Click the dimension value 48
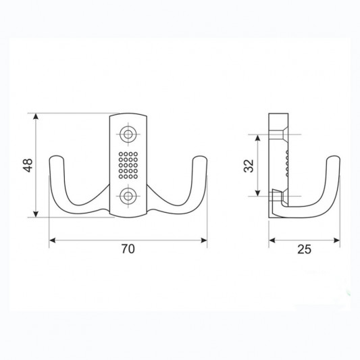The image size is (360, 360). [28, 165]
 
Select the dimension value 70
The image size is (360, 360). [128, 249]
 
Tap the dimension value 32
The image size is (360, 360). [249, 165]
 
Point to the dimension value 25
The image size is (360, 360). [304, 249]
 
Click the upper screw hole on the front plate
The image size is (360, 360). [128, 134]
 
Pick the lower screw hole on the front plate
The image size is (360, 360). [128, 197]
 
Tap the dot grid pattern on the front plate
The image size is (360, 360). [128, 165]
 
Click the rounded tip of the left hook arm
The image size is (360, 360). [56, 157]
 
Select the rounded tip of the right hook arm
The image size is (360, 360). [201, 157]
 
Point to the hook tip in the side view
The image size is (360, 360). [333, 157]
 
